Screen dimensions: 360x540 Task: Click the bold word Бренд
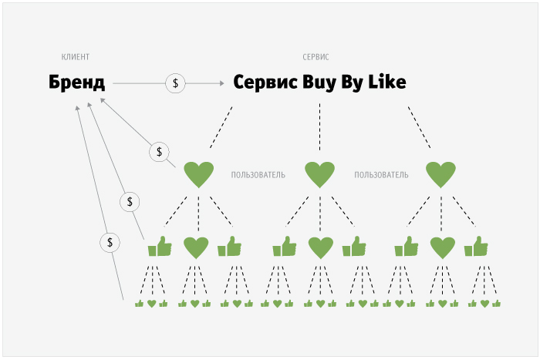(x=76, y=82)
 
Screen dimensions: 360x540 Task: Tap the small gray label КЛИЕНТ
(x=76, y=57)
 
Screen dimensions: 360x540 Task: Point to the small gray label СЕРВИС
(x=316, y=57)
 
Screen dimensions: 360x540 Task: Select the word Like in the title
(x=386, y=82)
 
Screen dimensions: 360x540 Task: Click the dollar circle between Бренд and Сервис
(x=176, y=82)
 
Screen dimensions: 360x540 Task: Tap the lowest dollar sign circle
(x=111, y=242)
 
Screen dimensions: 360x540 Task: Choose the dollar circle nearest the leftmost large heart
(x=159, y=151)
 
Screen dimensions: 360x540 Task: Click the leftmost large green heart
(x=198, y=174)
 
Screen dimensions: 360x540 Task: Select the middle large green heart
(x=319, y=174)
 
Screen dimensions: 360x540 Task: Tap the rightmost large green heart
(x=440, y=174)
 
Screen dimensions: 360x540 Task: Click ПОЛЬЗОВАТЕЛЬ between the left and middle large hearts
(x=258, y=175)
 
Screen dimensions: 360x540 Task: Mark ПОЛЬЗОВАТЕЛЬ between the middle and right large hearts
(x=381, y=175)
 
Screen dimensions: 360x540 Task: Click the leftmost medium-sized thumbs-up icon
(x=160, y=247)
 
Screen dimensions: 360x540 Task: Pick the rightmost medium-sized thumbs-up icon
(x=476, y=247)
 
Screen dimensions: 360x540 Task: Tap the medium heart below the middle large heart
(x=319, y=247)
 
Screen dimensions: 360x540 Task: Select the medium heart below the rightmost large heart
(x=442, y=247)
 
